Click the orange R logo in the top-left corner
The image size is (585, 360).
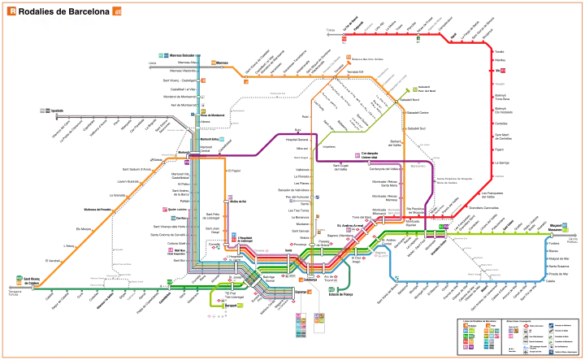pos(11,12)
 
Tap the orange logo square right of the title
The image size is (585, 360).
pos(118,12)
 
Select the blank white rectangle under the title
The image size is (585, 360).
pos(55,41)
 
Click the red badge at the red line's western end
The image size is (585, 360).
pos(344,37)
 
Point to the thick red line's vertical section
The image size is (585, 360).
pos(492,114)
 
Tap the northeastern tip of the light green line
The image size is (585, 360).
pos(414,88)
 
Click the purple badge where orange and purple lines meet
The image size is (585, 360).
pos(187,163)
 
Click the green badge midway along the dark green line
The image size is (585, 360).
pos(168,283)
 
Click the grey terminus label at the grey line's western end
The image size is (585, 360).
pos(44,107)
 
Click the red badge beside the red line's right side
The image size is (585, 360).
pos(503,70)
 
